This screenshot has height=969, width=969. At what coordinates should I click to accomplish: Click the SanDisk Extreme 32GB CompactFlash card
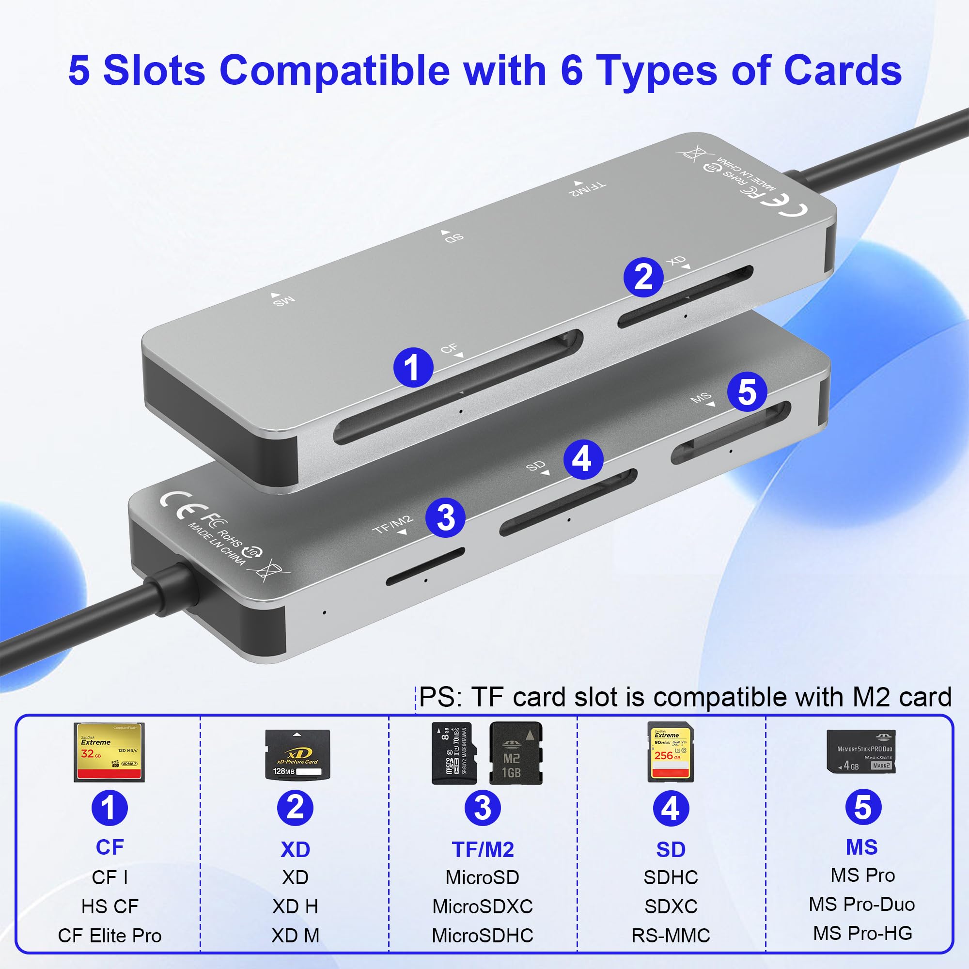[109, 752]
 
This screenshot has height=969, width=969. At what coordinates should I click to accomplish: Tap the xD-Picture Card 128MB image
[297, 755]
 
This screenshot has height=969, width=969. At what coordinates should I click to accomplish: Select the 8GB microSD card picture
[453, 753]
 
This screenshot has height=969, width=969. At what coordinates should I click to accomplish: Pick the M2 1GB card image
[516, 753]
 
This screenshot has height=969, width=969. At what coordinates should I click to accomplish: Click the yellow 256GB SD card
[671, 752]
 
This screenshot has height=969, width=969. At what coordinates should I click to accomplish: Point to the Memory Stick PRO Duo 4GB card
[860, 751]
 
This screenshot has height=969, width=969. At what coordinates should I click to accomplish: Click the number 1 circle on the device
[413, 367]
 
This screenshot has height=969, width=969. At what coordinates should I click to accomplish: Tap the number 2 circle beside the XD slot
[643, 277]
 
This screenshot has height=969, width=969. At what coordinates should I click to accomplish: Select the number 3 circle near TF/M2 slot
[445, 517]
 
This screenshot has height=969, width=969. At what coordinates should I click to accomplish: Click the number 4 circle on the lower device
[583, 459]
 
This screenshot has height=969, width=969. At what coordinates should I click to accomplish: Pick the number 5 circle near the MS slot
[747, 391]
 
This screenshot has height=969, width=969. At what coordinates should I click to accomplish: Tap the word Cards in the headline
[842, 70]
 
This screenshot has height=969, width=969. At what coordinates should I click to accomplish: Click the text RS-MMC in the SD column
[671, 936]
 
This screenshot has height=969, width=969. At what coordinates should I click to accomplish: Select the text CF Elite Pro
[109, 936]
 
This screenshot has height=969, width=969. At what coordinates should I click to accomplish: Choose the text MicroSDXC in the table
[483, 906]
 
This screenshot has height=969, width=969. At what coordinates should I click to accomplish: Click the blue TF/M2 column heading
[483, 850]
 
